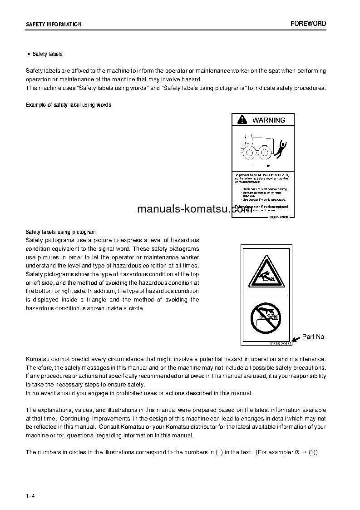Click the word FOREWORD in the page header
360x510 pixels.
pos(308,24)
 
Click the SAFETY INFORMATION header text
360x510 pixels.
pos(54,25)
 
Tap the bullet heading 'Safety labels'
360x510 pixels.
pos(48,54)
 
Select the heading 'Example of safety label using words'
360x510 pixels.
pos(69,105)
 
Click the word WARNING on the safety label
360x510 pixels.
pos(269,120)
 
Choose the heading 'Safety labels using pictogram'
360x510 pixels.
pos(61,232)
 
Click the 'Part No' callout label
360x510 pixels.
pos(313,337)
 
